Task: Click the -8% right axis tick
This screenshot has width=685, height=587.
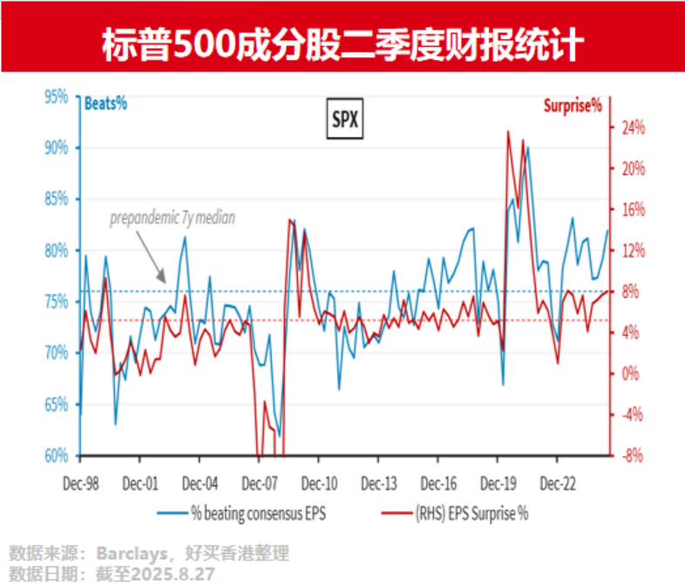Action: [x=632, y=455]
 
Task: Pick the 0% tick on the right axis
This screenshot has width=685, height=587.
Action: [x=632, y=373]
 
